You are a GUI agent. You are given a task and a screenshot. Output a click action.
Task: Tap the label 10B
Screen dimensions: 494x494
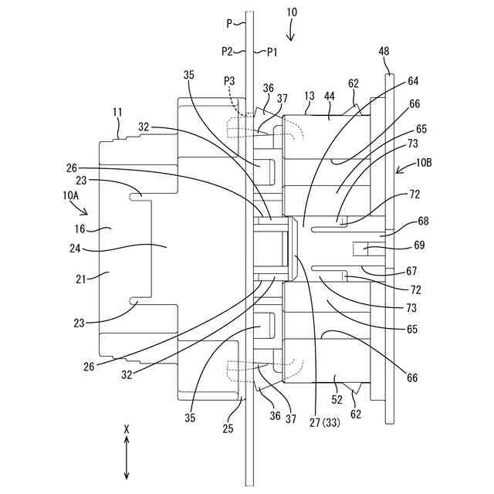[x=425, y=164]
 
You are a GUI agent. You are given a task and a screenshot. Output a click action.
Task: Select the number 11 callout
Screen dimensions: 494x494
[x=117, y=113]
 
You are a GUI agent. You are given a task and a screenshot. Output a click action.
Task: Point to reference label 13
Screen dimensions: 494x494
[x=309, y=96]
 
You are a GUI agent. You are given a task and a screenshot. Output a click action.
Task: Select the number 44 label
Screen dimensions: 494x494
[x=330, y=96]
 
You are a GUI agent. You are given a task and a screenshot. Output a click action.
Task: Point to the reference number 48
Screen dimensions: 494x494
[x=384, y=52]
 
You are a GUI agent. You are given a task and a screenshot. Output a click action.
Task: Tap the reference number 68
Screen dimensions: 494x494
[x=423, y=222]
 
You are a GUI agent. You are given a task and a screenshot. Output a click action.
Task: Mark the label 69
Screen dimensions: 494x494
[x=419, y=246]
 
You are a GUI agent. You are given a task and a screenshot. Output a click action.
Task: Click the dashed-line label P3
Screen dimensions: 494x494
[x=229, y=80]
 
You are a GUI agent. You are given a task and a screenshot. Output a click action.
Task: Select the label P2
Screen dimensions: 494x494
[x=227, y=52]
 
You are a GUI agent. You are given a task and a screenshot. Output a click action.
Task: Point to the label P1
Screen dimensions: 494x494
[x=272, y=52]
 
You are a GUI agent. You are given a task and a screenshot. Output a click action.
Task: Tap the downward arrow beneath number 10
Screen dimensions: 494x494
[x=290, y=32]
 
